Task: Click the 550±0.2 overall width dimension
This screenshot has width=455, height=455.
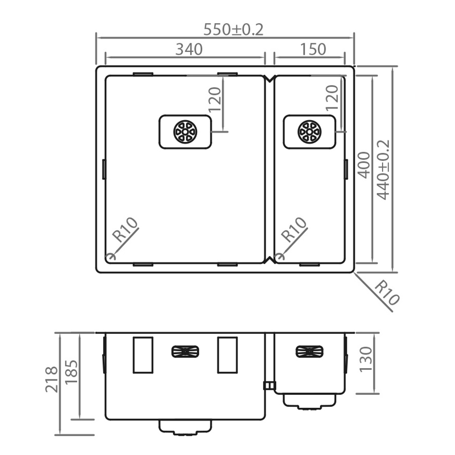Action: pos(233,30)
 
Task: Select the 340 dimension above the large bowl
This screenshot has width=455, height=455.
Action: pos(189,50)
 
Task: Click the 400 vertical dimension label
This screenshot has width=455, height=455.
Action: pos(364,164)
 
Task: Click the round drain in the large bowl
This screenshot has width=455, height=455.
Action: pos(185,131)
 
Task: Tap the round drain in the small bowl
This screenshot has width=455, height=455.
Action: pos(309,131)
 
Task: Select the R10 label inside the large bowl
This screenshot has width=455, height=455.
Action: pos(125,230)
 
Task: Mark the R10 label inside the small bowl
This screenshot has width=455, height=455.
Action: pos(294,230)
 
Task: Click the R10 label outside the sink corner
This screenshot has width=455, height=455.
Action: pos(386,293)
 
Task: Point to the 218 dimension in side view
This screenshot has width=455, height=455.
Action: pos(51,379)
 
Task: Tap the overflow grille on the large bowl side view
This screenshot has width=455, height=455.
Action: pos(185,351)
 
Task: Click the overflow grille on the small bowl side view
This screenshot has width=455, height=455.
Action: pos(310,351)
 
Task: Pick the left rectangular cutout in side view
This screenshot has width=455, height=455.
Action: pos(143,355)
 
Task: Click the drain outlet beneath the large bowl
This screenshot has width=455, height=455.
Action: pos(185,427)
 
